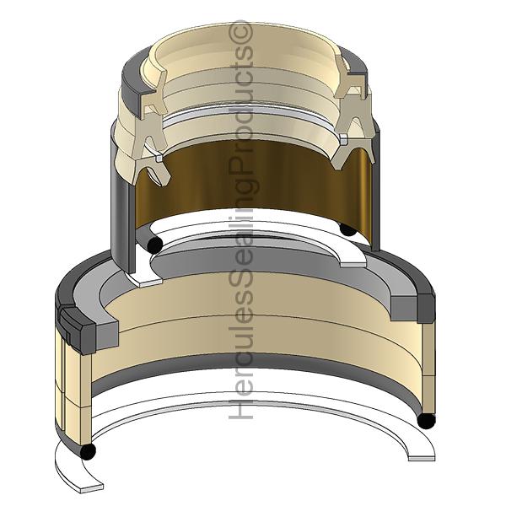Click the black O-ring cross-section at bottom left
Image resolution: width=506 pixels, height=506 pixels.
(88, 451)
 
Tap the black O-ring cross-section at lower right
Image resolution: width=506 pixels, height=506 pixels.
(426, 421)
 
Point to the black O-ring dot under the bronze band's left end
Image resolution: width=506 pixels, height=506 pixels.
(155, 245)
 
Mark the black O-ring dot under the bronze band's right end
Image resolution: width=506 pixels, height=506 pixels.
(347, 229)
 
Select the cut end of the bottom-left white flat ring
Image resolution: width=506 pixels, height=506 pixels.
(92, 487)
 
